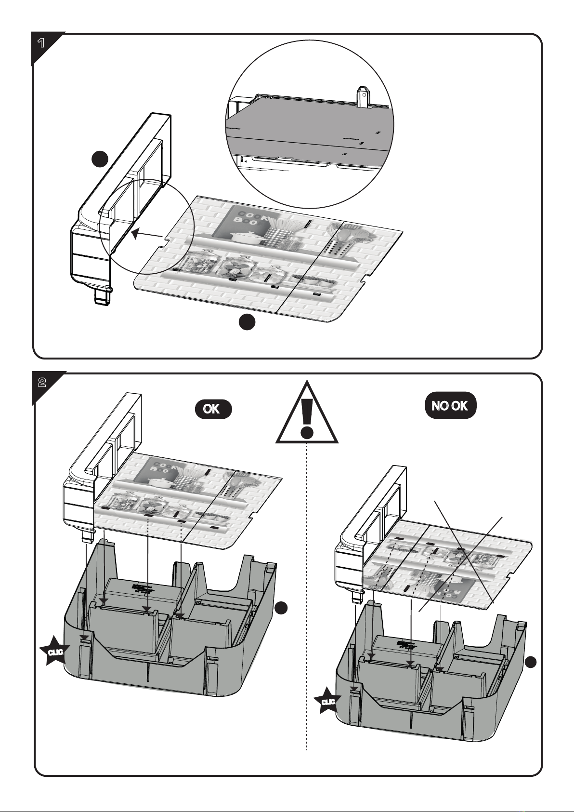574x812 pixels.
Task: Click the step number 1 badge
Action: (x=42, y=44)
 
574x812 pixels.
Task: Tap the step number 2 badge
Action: (x=42, y=383)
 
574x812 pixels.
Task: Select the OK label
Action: (x=212, y=409)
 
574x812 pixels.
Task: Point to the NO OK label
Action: (x=450, y=405)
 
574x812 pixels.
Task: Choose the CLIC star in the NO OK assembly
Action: (x=328, y=701)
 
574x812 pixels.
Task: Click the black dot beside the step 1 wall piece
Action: (x=100, y=159)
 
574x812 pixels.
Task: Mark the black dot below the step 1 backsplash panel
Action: (x=247, y=322)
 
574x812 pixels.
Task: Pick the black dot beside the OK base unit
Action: (x=282, y=609)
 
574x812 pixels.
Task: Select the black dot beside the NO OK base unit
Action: (x=531, y=663)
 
